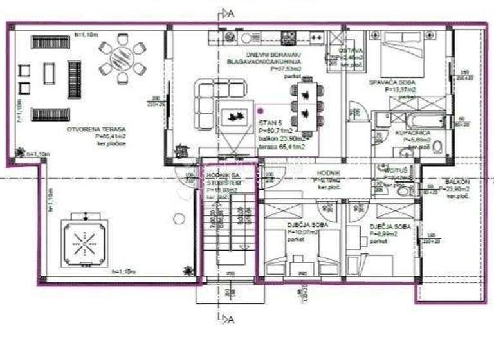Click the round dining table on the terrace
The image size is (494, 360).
(x=122, y=60)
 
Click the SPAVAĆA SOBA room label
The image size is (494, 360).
(x=392, y=83)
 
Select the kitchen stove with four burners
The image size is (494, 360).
(x=288, y=37)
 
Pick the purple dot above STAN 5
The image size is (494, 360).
(x=259, y=111)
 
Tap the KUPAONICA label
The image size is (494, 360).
(x=412, y=132)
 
